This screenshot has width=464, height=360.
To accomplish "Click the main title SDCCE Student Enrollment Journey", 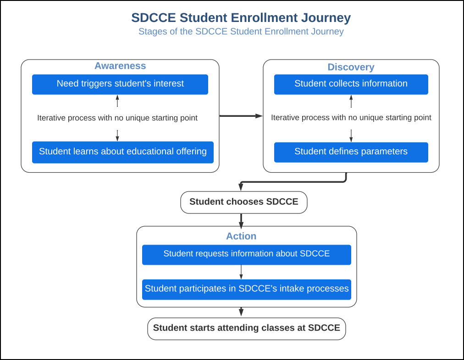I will click(x=241, y=18).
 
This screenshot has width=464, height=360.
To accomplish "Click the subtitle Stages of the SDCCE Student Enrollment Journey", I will click(x=241, y=32).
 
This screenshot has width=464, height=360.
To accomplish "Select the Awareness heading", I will click(x=120, y=66).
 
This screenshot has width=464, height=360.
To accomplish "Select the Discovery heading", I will click(x=351, y=67).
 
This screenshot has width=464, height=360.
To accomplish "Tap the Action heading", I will click(x=241, y=236).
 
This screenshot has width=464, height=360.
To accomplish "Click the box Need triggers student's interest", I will click(x=120, y=84).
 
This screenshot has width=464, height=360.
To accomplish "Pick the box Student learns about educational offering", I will click(x=122, y=152).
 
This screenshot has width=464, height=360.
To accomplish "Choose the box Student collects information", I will click(x=351, y=84).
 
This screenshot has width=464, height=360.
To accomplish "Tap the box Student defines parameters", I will click(x=351, y=152).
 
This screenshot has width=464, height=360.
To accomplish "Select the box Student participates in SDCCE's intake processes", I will click(x=246, y=289).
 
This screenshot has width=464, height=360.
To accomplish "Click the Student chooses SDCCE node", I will click(x=243, y=202).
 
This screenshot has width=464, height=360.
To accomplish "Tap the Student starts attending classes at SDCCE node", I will click(x=246, y=328).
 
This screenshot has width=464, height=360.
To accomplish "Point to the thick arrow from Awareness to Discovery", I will click(x=241, y=116).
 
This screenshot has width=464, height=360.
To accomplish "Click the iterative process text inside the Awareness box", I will click(x=117, y=118).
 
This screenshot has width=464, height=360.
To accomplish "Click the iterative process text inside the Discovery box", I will click(x=351, y=118).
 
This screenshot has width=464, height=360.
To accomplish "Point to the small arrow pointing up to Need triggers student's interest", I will click(x=117, y=100).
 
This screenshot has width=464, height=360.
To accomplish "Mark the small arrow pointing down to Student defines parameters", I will click(x=351, y=136).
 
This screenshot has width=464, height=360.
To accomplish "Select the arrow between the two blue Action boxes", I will click(x=241, y=272).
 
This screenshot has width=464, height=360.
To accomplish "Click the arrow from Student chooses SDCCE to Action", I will click(x=241, y=220).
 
